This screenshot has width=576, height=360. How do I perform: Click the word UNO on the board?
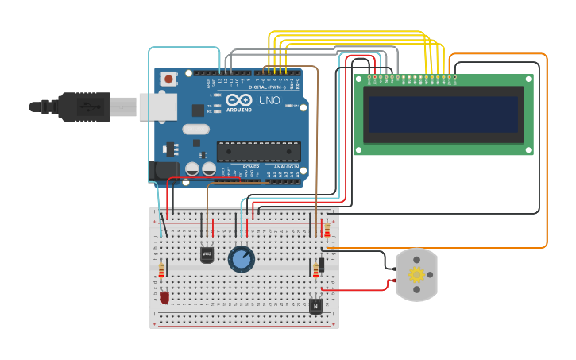269,101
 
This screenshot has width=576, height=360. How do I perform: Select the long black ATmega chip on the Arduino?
258,151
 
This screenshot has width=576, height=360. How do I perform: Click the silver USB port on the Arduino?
157,106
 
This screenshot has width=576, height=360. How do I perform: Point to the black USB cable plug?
83,106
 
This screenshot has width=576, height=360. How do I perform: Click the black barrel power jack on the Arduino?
164,170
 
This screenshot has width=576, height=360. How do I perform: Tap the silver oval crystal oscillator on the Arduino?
195,129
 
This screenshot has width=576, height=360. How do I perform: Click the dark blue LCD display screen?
443,114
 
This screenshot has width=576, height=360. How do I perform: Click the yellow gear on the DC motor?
416,274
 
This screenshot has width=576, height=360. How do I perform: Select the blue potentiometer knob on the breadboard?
241,259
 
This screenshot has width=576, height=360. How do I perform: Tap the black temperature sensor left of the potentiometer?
207,254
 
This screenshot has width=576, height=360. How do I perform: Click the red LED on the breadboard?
164,298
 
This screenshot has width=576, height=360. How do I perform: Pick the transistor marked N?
315,305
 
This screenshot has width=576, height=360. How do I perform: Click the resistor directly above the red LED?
161,271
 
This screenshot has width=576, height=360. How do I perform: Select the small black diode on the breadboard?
321,264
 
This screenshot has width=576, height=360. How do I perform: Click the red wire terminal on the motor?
394,280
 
